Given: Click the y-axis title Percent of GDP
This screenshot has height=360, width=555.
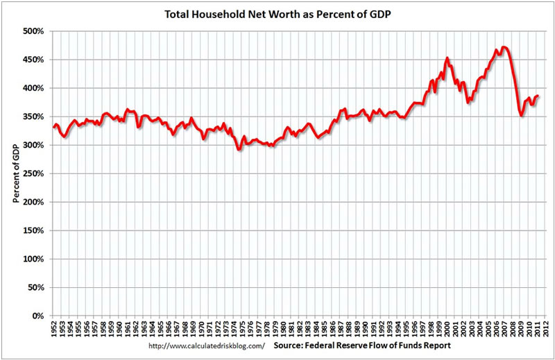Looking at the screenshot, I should point(15,173).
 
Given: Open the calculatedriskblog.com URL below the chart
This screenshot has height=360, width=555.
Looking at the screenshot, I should point(207,345).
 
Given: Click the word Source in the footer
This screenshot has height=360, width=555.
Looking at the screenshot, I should point(291,345).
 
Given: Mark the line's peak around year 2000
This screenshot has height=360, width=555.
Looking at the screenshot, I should point(447,58).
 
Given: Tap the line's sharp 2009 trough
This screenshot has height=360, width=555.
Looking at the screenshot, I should point(522,115).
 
